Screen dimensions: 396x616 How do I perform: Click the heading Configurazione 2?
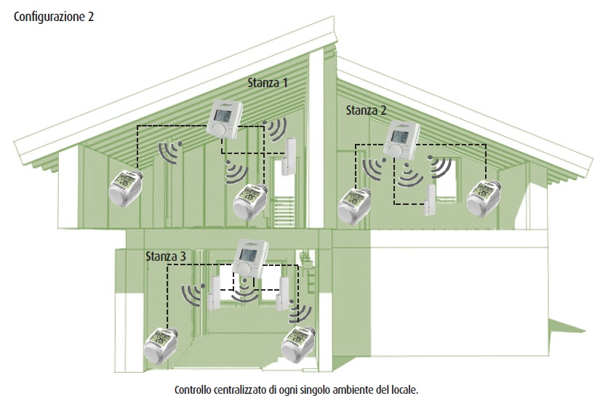pos(54,17)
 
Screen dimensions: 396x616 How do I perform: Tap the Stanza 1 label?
pos(268,83)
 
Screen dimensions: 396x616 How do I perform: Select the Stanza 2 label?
pos(366,110)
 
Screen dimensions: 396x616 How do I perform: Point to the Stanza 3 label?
pos(166,256)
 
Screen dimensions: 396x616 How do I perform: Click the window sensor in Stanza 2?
pos(430,201)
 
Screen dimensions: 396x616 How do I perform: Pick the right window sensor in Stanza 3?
pos(283,291)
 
